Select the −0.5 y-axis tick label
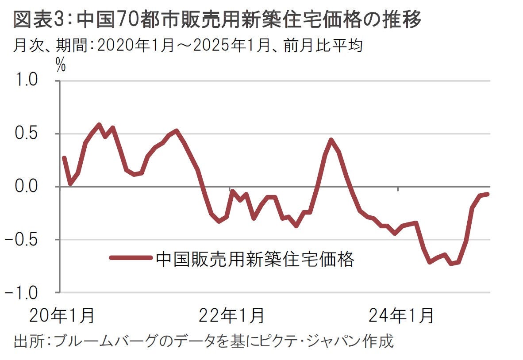pyautogui.click(x=26, y=240)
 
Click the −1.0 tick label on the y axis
pyautogui.click(x=26, y=292)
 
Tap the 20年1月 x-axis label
pyautogui.click(x=62, y=316)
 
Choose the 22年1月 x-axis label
pyautogui.click(x=231, y=316)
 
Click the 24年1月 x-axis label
pyautogui.click(x=400, y=316)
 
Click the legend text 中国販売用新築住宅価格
pyautogui.click(x=255, y=260)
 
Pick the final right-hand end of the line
pyautogui.click(x=488, y=194)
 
